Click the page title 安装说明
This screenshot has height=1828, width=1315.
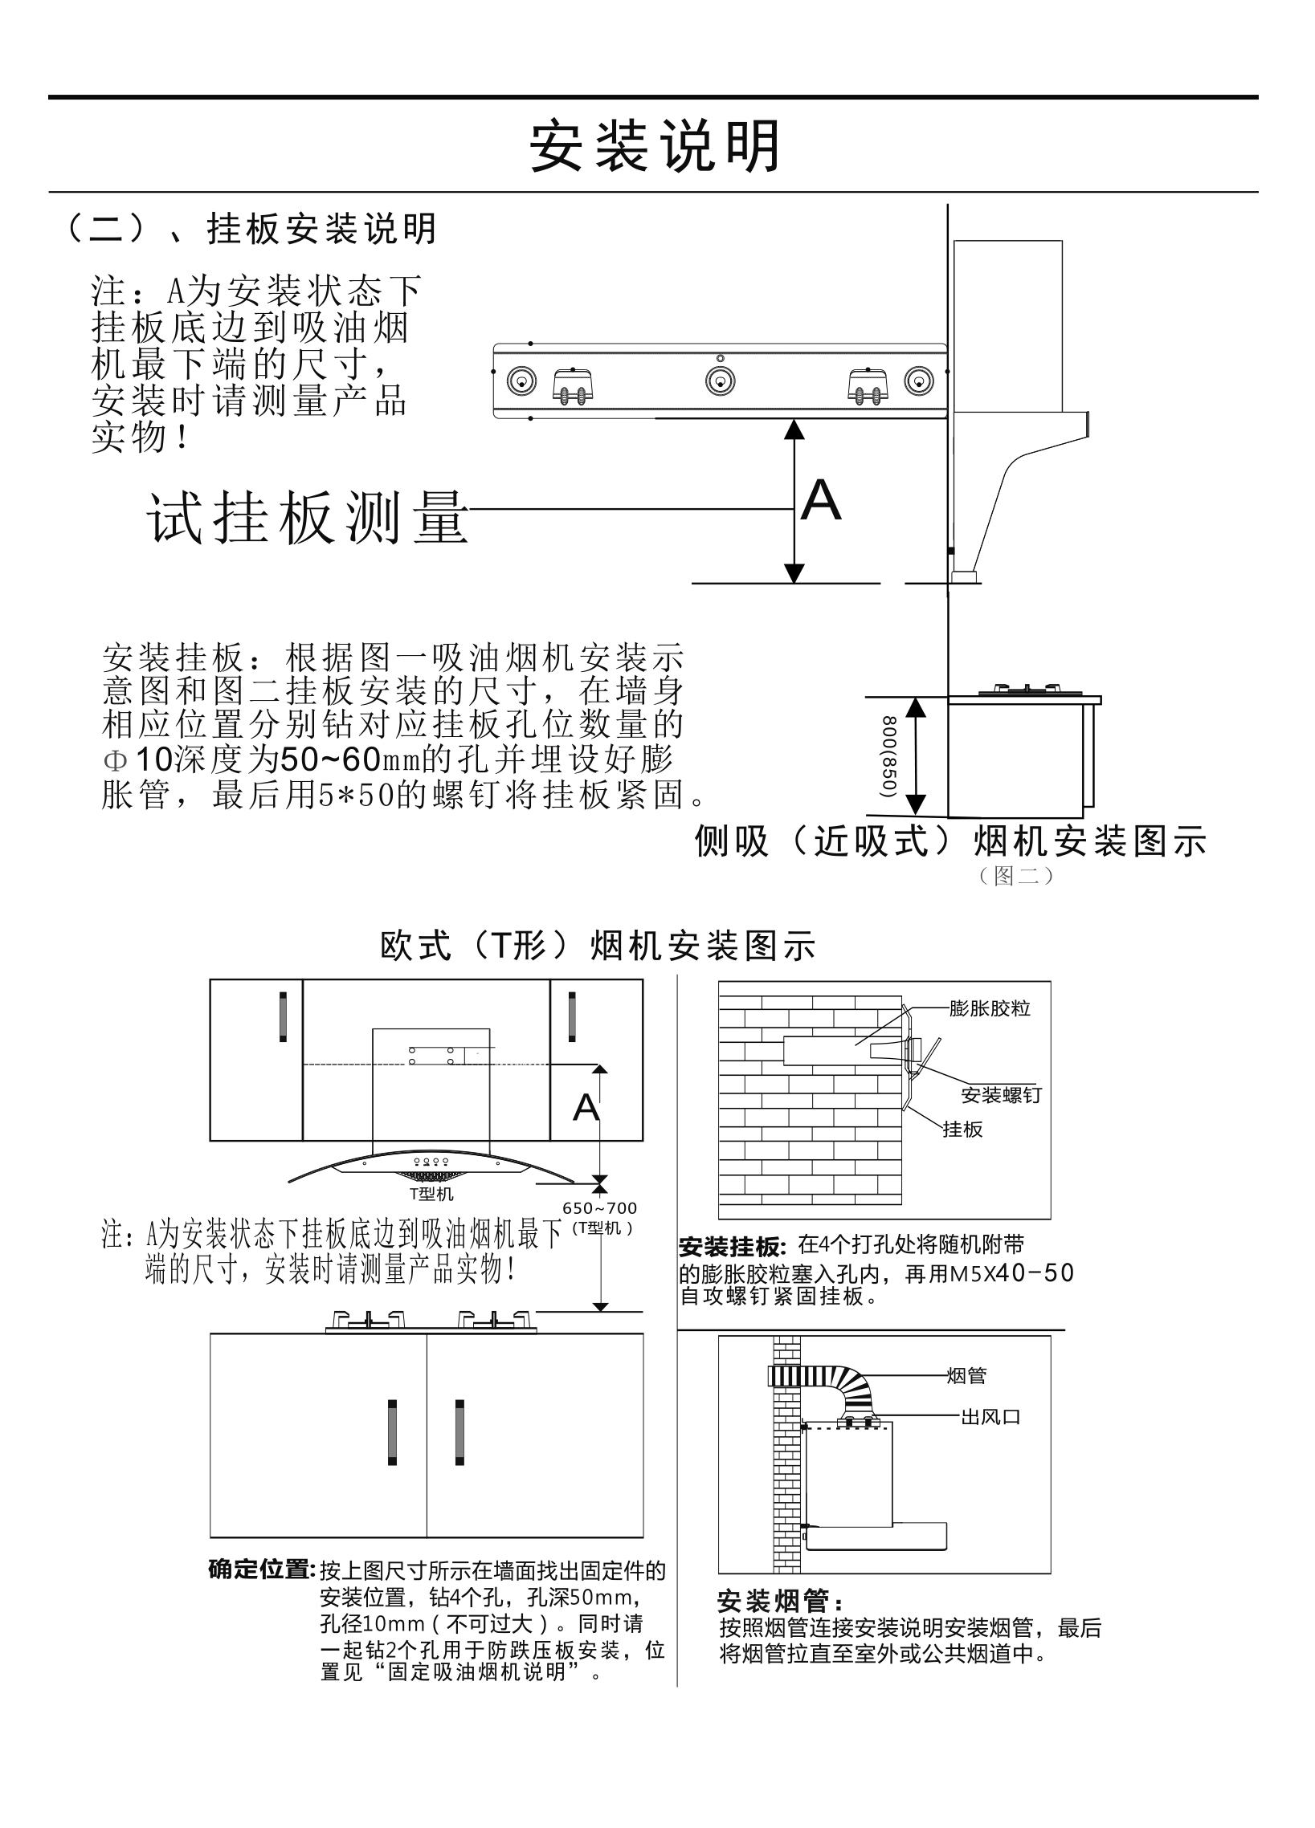point(655,147)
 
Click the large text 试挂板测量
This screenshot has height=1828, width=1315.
point(307,517)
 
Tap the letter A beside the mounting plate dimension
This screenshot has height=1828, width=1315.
point(821,500)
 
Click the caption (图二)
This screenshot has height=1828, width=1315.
point(1016,875)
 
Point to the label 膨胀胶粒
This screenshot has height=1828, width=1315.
point(990,1008)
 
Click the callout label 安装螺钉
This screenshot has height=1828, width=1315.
point(1002,1094)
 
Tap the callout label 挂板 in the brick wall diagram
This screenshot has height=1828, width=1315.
point(962,1130)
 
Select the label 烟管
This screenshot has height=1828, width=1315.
point(966,1376)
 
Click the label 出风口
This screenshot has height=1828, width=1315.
point(990,1417)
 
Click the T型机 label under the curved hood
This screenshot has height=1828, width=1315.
point(431,1194)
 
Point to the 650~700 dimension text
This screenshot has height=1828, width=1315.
point(599,1208)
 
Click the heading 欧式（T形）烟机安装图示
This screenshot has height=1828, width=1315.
point(598,946)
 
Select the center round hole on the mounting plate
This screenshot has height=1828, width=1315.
point(719,381)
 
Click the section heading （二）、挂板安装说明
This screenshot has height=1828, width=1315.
point(250,229)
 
